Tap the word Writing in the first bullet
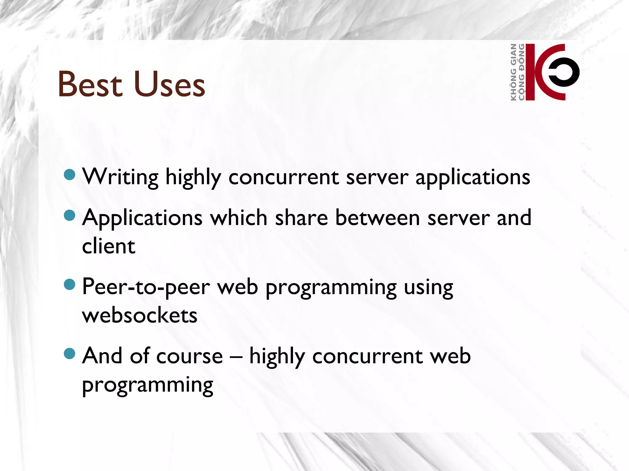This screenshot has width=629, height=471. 120,177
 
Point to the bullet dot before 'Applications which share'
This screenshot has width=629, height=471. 70,215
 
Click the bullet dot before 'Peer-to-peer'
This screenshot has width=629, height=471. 70,284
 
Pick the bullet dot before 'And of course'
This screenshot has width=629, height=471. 70,353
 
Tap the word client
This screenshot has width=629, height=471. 108,246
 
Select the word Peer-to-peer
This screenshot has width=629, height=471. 146,287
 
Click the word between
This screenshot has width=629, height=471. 377,218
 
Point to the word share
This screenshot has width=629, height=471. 301,218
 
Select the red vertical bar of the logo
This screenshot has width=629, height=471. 530,72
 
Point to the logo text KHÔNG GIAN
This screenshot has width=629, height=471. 513,72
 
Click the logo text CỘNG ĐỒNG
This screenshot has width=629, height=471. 521,72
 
